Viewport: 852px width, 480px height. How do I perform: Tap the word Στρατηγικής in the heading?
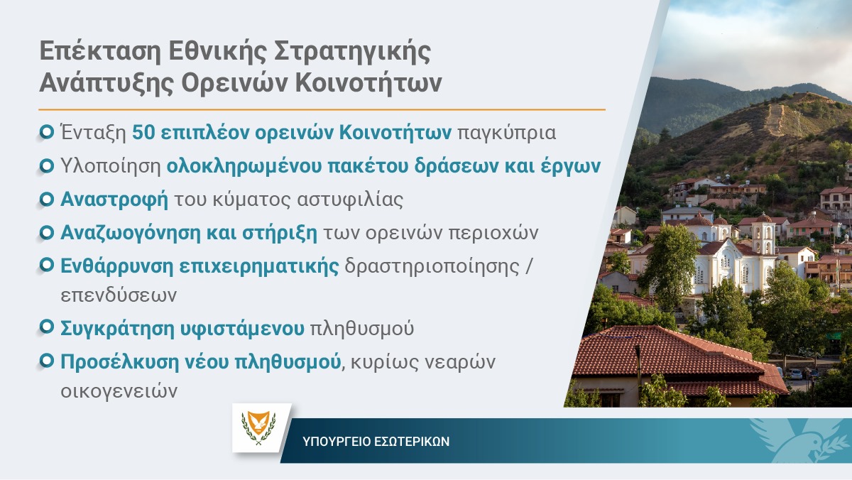pos(352,53)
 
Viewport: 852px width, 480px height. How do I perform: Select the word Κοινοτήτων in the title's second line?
pos(368,83)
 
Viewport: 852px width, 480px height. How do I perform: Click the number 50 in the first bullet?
pos(143,133)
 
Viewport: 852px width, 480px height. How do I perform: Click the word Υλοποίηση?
pos(110,167)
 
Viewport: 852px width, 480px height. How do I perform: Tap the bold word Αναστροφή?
pos(114,200)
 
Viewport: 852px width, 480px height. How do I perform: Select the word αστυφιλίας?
pos(350,200)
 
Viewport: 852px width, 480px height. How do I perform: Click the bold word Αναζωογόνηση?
pos(130,233)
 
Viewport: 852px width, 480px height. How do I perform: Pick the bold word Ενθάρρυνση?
pos(116,266)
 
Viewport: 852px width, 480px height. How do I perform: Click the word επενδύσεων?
pos(119,295)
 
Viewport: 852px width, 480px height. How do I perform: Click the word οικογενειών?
pos(119,391)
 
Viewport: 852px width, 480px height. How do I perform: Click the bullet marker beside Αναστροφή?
pos(46,200)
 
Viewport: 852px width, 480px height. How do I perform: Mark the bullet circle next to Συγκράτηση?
pos(46,327)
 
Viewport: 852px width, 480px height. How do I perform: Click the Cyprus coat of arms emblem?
pos(258,427)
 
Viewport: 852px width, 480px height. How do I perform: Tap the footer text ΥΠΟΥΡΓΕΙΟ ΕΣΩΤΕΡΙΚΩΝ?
pos(376,442)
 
